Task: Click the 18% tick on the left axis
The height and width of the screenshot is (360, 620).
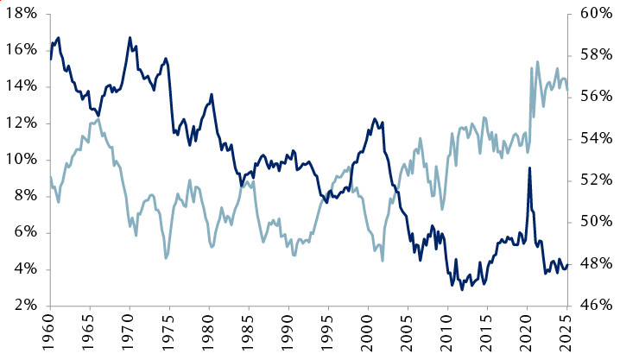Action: (x=22, y=14)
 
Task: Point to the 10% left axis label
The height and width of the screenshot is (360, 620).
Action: (x=22, y=160)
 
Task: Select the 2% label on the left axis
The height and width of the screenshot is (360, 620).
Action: (x=26, y=306)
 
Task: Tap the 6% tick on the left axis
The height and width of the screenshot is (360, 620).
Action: (x=26, y=233)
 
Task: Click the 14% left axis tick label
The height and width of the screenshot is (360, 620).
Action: (x=22, y=87)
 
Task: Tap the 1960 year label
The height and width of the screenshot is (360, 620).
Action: (x=50, y=335)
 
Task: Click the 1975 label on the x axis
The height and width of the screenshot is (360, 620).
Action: (x=169, y=335)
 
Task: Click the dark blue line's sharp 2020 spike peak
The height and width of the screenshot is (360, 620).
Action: (x=529, y=168)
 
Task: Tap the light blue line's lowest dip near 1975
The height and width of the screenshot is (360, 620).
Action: (x=166, y=257)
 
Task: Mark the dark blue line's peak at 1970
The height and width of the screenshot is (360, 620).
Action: (x=130, y=38)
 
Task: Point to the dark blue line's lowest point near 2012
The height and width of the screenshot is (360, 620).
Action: (x=462, y=289)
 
